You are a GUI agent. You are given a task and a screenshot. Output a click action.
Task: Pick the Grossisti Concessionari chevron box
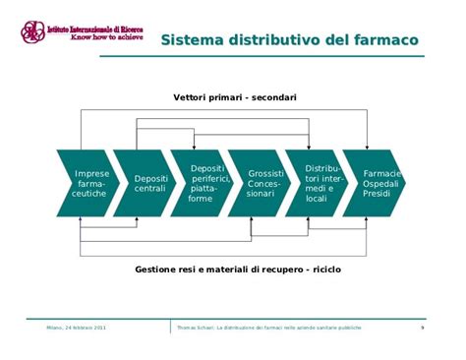pyautogui.click(x=263, y=183)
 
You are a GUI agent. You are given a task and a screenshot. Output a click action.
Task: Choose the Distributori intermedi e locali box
pyautogui.click(x=320, y=183)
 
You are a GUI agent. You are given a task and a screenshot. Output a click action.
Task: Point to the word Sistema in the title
pyautogui.click(x=194, y=40)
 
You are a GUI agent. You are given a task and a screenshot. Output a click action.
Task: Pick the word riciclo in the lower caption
pyautogui.click(x=324, y=269)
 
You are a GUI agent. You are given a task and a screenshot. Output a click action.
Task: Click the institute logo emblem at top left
pyautogui.click(x=32, y=32)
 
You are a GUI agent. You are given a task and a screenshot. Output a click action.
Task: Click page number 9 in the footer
pyautogui.click(x=422, y=327)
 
